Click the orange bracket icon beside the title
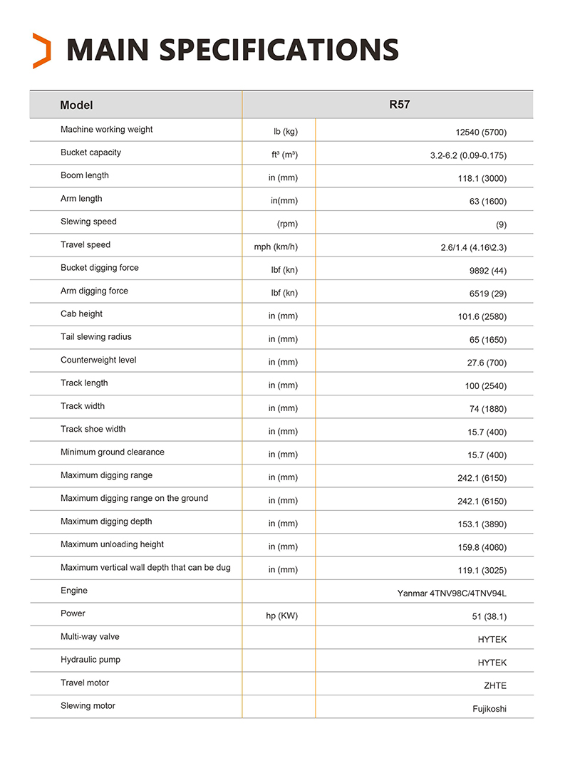pos(42,51)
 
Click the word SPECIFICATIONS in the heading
pos(279,50)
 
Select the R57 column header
pos(399,104)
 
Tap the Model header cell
pos(76,105)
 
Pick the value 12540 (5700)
pos(481,133)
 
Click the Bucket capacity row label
pos(90,152)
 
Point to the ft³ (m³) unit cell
pos(279,155)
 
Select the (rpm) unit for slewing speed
pos(287,224)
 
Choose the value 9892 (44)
pos(488,271)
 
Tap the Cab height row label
pos(81,314)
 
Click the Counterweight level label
pos(98,360)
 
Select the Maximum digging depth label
pos(106,522)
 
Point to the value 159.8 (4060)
pos(482,547)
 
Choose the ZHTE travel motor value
pos(494,685)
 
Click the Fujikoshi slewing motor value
pos(489,709)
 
